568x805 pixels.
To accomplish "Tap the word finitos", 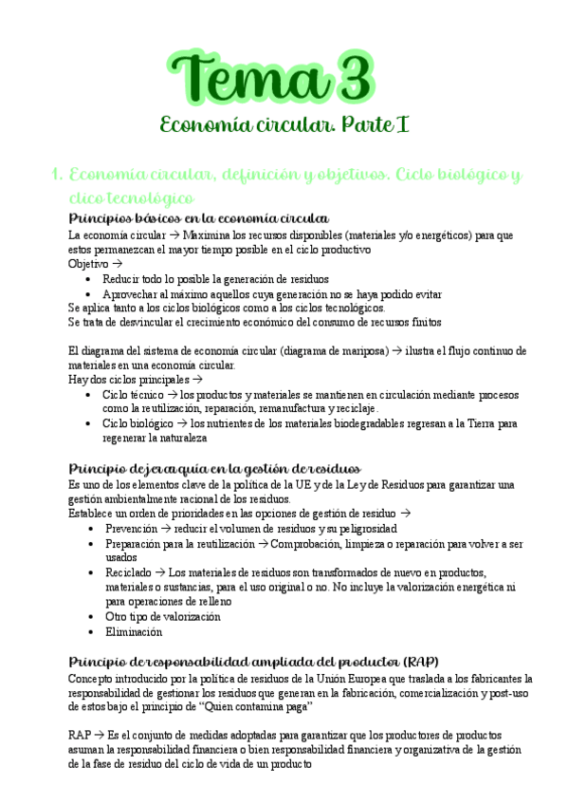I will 418,322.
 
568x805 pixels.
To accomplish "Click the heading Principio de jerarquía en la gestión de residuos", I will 214,469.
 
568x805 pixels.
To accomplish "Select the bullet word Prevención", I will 132,528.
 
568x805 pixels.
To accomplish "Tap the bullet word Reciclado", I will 128,572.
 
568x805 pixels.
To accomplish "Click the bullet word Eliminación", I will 134,631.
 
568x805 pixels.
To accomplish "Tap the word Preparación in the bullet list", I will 137,544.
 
